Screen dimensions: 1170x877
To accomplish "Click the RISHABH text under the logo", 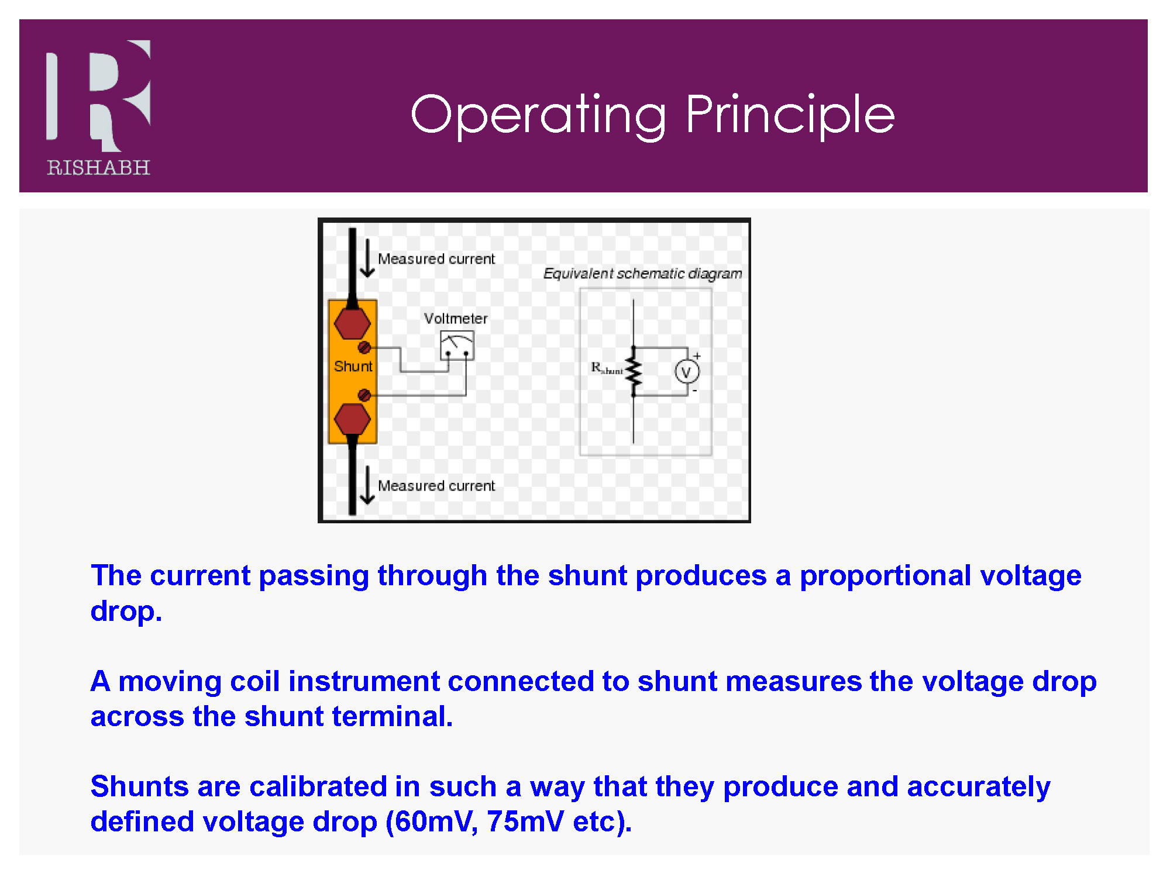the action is (98, 168).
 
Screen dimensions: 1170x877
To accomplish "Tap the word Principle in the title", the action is (790, 115).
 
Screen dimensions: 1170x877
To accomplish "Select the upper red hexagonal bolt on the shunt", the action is (352, 323).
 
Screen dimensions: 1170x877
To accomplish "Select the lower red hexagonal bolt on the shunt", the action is (352, 419).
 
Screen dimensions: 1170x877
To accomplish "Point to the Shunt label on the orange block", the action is (353, 367).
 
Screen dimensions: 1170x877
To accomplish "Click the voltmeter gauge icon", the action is (457, 346).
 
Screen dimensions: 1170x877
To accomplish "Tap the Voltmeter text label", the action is (456, 319).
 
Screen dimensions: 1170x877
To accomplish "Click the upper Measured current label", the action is (436, 259).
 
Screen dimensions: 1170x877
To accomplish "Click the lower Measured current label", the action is (436, 486).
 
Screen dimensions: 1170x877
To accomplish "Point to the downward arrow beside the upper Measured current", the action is (367, 258).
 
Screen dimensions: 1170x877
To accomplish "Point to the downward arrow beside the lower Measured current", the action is (367, 485).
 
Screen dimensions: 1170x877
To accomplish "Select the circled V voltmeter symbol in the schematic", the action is (687, 372).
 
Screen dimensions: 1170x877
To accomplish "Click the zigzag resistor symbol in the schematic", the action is (634, 372).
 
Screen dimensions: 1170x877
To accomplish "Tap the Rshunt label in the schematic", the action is (607, 368).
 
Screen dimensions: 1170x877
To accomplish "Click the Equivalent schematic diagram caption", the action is (642, 274).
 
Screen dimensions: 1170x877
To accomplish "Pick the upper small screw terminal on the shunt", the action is (364, 348).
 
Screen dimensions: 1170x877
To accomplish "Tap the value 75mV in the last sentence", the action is (525, 821).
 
